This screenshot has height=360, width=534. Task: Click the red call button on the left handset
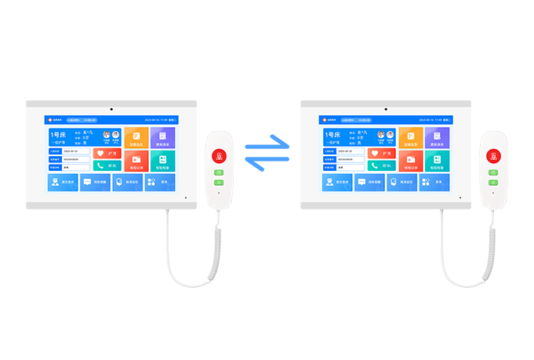pyautogui.click(x=219, y=155)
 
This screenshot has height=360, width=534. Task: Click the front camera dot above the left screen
pyautogui.click(x=111, y=107)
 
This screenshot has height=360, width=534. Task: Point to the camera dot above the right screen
pyautogui.click(x=386, y=107)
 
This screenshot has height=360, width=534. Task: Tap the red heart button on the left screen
pyautogui.click(x=107, y=153)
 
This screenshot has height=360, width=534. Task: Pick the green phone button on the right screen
pyautogui.click(x=382, y=165)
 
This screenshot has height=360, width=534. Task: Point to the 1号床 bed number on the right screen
pyautogui.click(x=333, y=135)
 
